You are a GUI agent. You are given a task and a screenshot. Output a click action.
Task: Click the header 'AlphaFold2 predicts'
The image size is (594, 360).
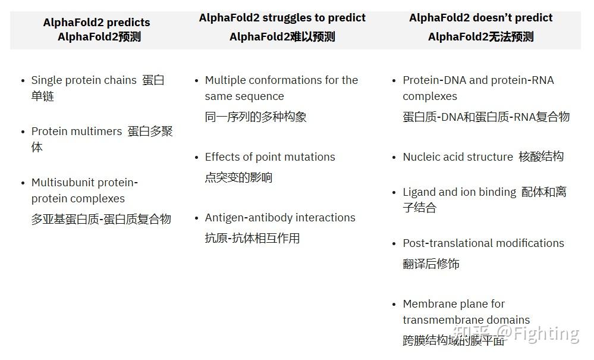pos(96,23)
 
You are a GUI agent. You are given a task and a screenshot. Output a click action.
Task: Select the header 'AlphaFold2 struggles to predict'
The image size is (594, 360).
pos(282,18)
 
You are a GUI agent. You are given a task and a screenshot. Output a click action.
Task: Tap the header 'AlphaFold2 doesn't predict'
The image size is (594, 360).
pos(480,18)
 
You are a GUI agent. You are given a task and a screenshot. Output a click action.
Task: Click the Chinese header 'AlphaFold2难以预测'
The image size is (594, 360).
pos(282,37)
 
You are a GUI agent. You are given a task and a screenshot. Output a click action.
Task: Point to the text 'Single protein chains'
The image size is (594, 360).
pos(84,80)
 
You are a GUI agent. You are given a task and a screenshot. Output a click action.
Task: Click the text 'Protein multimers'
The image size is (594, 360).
pos(77,132)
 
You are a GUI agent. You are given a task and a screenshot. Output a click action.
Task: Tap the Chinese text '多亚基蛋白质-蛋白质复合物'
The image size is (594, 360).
pos(101,219)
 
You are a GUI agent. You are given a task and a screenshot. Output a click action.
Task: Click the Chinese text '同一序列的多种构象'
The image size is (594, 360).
pos(256,117)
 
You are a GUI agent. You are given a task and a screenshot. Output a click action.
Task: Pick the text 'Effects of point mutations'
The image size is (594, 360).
pos(270,157)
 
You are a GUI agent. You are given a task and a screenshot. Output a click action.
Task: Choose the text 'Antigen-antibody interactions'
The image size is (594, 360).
pos(280,218)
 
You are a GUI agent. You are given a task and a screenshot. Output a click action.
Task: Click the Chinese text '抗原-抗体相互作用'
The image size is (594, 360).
pos(252,239)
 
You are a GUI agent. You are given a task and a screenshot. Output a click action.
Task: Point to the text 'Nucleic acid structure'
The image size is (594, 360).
pos(458,157)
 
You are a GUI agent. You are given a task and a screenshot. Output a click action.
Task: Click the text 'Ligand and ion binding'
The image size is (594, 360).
pos(460,192)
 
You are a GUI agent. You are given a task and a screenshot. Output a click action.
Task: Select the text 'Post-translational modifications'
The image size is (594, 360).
pos(483,243)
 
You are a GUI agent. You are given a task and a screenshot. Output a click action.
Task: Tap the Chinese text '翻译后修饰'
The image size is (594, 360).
pos(431,264)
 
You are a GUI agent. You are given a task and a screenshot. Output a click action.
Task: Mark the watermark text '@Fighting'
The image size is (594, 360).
pos(538,333)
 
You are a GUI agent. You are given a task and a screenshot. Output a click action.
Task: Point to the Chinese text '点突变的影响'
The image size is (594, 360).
pos(238,177)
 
